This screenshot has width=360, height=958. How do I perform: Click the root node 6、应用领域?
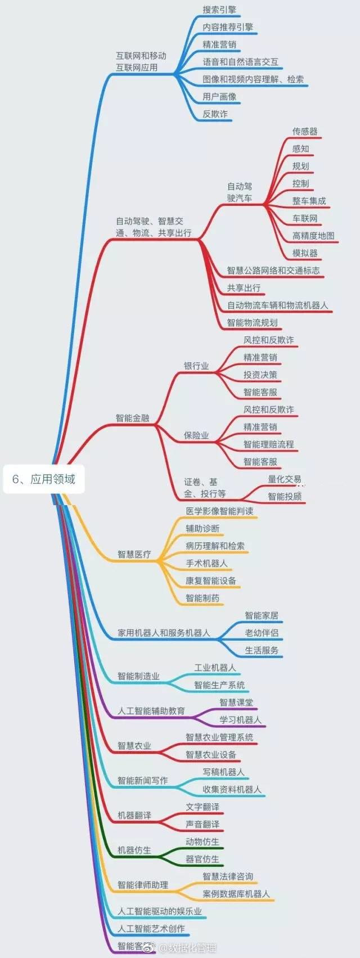[44, 479]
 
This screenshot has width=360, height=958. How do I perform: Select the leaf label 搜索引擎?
[219, 10]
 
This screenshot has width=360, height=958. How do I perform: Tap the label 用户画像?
[219, 97]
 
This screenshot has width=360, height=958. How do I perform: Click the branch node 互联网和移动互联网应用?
[141, 61]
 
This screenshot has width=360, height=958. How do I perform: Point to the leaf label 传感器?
[305, 131]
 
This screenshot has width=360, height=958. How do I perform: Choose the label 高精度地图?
[313, 236]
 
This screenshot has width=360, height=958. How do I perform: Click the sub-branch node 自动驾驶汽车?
[240, 192]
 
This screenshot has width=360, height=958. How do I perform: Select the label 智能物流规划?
[252, 323]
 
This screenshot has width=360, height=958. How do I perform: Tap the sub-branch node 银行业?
[196, 366]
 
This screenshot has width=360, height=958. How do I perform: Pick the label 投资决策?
[260, 375]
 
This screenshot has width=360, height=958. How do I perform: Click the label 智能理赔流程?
[269, 444]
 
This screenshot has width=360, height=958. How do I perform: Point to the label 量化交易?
[285, 479]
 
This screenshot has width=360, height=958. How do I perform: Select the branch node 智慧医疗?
[134, 554]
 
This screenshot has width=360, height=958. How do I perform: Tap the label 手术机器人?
[207, 563]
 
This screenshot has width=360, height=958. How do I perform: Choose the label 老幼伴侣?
[262, 633]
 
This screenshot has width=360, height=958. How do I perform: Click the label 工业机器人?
[215, 668]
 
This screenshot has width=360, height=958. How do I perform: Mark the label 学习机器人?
[241, 720]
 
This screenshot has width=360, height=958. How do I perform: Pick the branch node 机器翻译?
[134, 816]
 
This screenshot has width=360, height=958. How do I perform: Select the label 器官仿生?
[202, 859]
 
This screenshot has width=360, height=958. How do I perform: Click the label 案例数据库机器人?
[236, 894]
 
